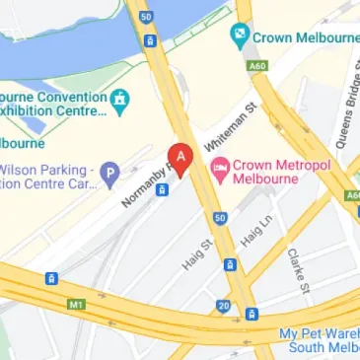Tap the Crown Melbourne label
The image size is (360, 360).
point(297,37)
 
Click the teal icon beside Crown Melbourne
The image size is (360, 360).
point(239,37)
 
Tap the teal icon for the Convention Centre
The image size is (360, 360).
point(120,100)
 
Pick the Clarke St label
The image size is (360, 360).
point(298,262)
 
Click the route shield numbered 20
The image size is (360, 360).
point(224,306)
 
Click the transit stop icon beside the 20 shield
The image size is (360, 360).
point(252,315)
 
